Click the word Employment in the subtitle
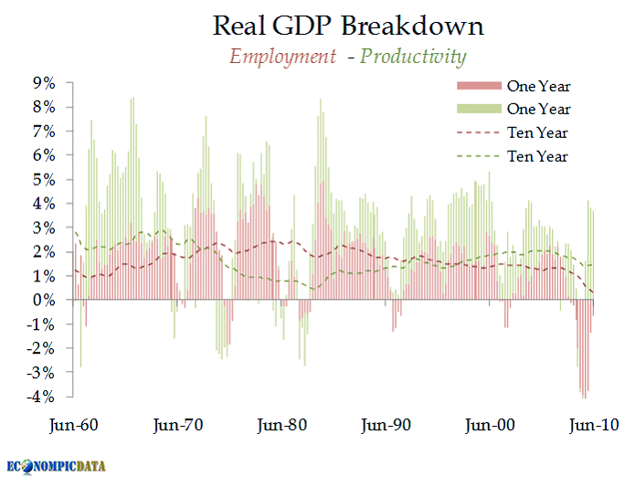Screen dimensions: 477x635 (x=282, y=57)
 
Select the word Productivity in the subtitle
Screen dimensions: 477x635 (x=413, y=57)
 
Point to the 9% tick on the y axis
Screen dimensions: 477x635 (x=45, y=83)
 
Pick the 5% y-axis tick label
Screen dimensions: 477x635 (x=45, y=179)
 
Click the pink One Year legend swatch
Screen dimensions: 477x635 (x=477, y=87)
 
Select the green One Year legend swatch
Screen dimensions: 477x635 (x=477, y=110)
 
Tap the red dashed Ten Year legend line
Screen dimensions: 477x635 (x=477, y=133)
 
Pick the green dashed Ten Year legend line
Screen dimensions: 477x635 (x=477, y=157)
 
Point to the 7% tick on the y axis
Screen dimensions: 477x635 (x=45, y=131)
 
